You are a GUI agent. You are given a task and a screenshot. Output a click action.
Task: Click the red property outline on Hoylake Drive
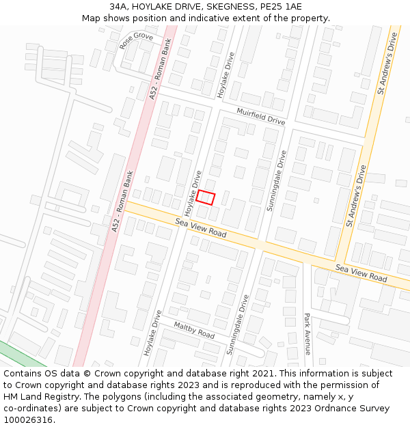tap(206, 197)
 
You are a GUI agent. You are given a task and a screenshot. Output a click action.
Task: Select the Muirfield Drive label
tap(260, 115)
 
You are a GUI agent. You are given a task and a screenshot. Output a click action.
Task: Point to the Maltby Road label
tap(194, 330)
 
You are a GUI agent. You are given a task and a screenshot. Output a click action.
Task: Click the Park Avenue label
tap(307, 334)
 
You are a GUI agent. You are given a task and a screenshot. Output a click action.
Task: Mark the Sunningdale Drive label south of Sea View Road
tap(238, 324)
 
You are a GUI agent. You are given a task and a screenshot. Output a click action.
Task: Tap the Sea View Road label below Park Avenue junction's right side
tap(361, 274)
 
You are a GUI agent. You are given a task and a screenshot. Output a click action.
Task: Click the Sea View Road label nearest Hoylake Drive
tap(200, 228)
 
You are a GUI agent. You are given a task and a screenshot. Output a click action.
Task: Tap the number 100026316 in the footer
tap(28, 420)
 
